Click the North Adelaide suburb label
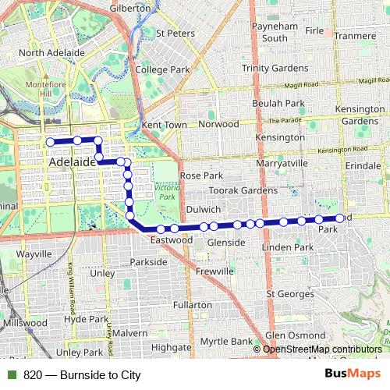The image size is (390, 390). [x=51, y=53]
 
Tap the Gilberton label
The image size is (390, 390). [x=130, y=8]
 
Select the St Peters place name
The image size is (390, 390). [x=175, y=34]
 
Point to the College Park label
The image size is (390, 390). [x=162, y=69]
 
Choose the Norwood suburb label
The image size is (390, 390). [x=218, y=124]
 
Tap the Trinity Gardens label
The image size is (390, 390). [x=275, y=69]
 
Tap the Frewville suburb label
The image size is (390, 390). [x=215, y=271]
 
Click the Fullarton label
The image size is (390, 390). [x=193, y=304]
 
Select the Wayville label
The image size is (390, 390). [x=34, y=254]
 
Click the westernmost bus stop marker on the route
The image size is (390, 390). [x=50, y=142]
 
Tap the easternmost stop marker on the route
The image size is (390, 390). [x=340, y=218]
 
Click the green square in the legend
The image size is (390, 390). [x=12, y=374]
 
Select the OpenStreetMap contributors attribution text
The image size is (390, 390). [x=322, y=349]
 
